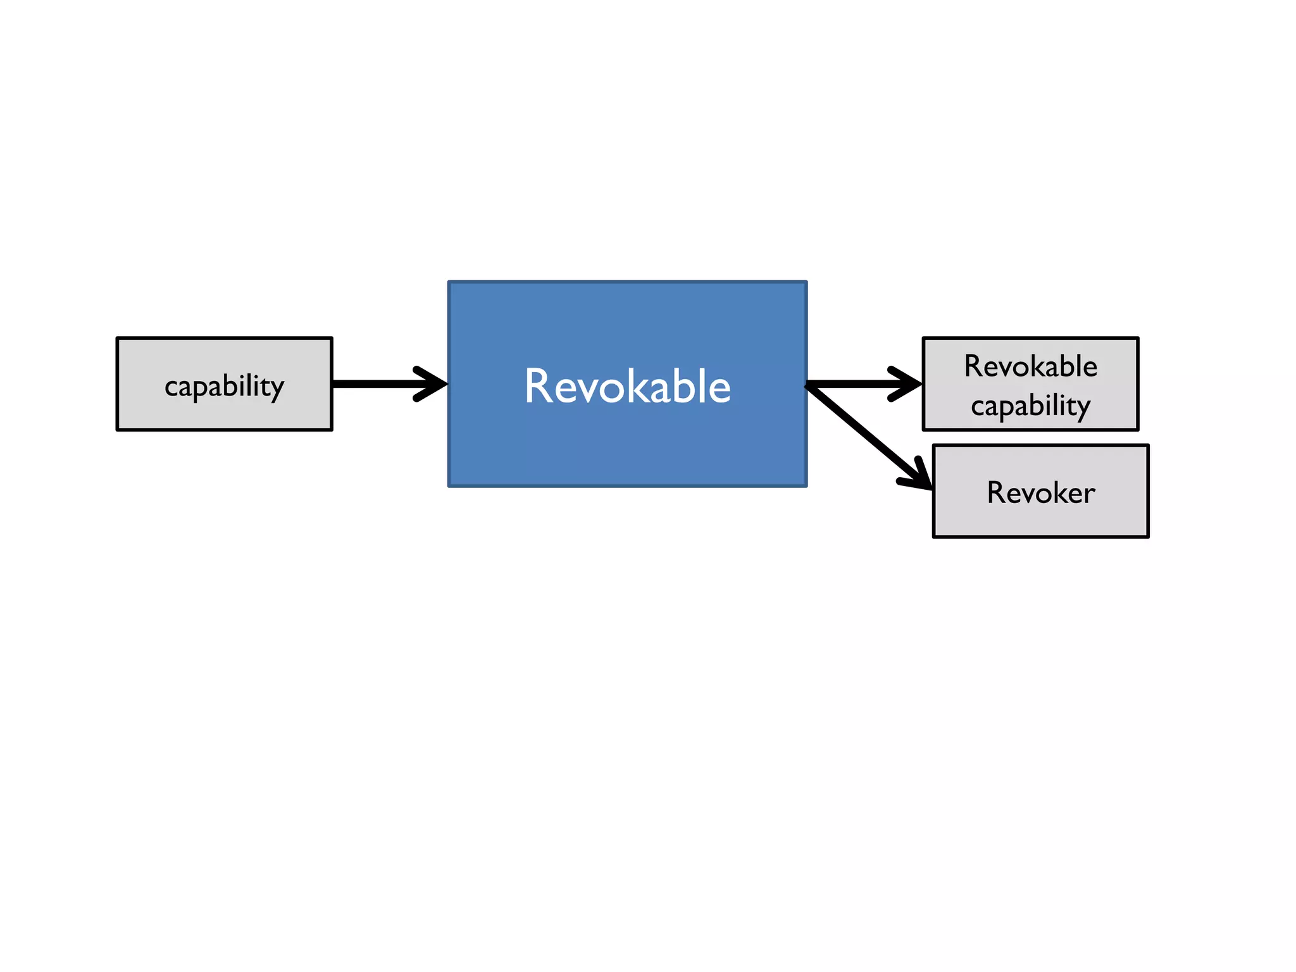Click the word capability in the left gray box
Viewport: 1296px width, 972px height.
tap(224, 385)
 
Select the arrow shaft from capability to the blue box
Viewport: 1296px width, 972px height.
tap(373, 384)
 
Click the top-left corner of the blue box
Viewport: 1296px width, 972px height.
tap(449, 282)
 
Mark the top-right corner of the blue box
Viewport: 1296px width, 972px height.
tap(806, 282)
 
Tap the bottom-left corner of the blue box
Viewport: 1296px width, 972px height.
tap(449, 485)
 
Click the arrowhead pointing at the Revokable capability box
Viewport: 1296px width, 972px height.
tap(909, 383)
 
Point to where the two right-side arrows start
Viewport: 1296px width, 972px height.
tap(808, 385)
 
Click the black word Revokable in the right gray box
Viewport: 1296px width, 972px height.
tap(1030, 366)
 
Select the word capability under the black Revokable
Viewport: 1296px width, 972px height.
tap(1030, 406)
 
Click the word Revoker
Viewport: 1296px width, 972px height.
tap(1041, 493)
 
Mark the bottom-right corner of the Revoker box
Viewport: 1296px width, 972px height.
tap(1147, 537)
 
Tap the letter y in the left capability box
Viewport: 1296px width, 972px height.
tap(277, 388)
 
